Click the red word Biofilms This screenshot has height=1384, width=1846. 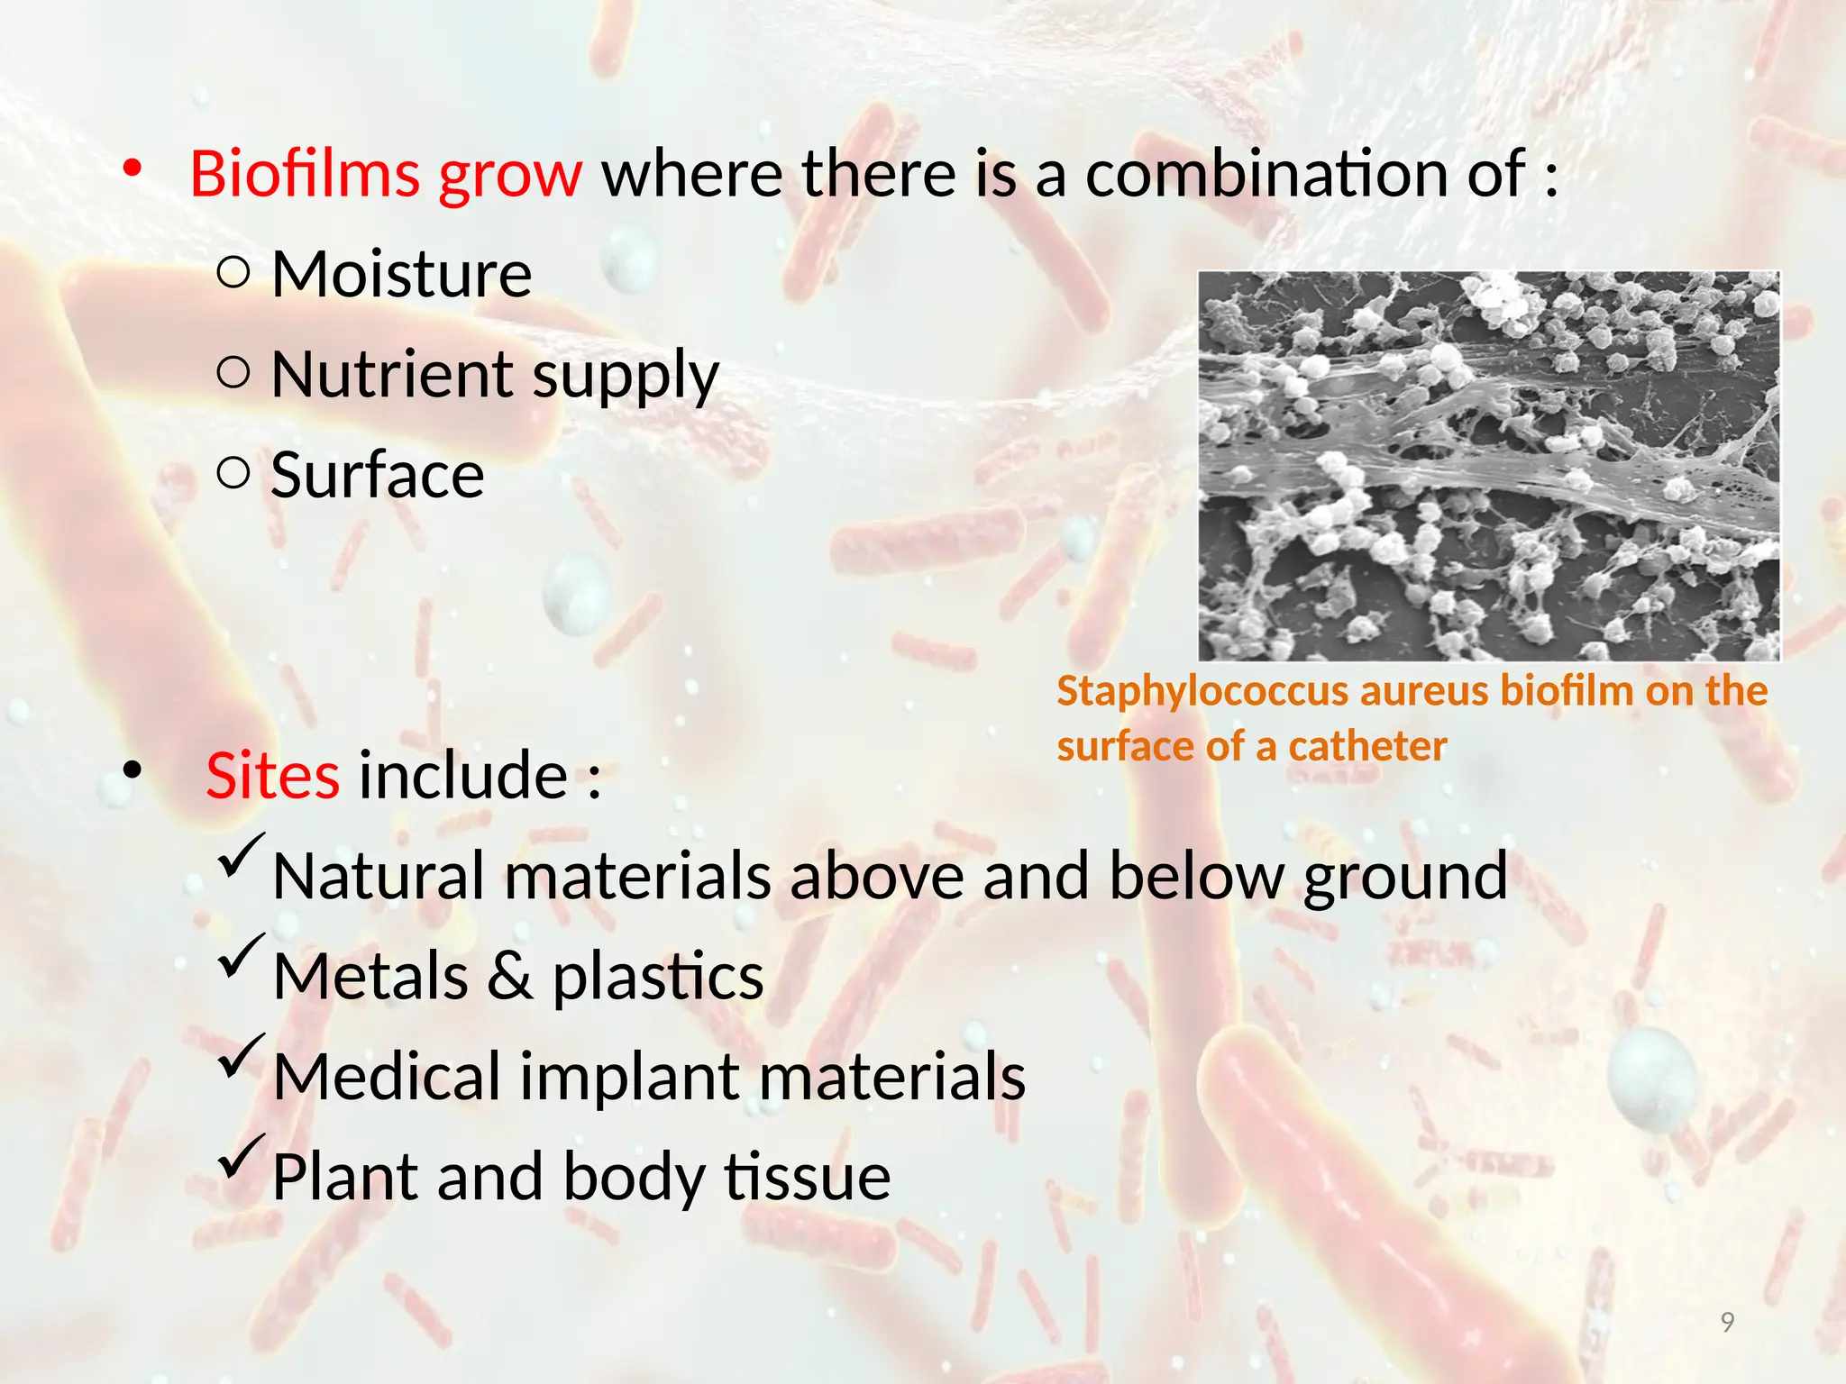305,174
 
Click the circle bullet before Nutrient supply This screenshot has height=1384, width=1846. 233,373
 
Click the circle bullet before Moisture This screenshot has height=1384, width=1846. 233,272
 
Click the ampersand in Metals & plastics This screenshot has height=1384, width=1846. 509,977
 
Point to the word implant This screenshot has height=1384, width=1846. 630,1078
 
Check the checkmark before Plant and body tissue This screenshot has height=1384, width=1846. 240,1159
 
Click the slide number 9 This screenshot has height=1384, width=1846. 1727,1322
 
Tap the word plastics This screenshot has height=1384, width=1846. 657,977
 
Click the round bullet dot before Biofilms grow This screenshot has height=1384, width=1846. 133,168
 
